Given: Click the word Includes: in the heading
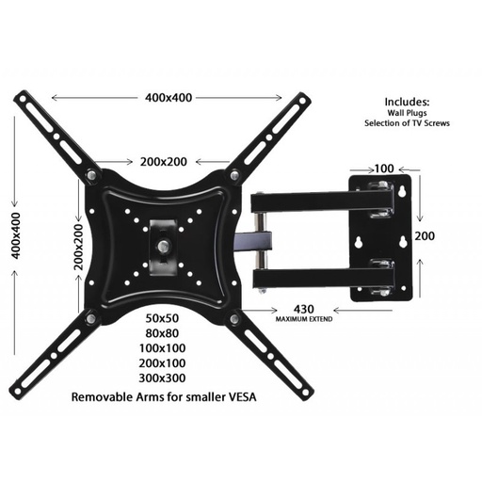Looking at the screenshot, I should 407,101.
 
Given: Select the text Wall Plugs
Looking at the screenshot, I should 407,112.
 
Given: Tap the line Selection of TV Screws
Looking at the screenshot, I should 407,123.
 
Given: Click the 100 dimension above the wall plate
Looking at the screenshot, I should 383,169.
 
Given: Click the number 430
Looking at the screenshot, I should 304,309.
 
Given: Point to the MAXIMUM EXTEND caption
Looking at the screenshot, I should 304,320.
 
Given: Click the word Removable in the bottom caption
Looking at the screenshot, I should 104,398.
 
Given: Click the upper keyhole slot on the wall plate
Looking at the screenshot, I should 402,195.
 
